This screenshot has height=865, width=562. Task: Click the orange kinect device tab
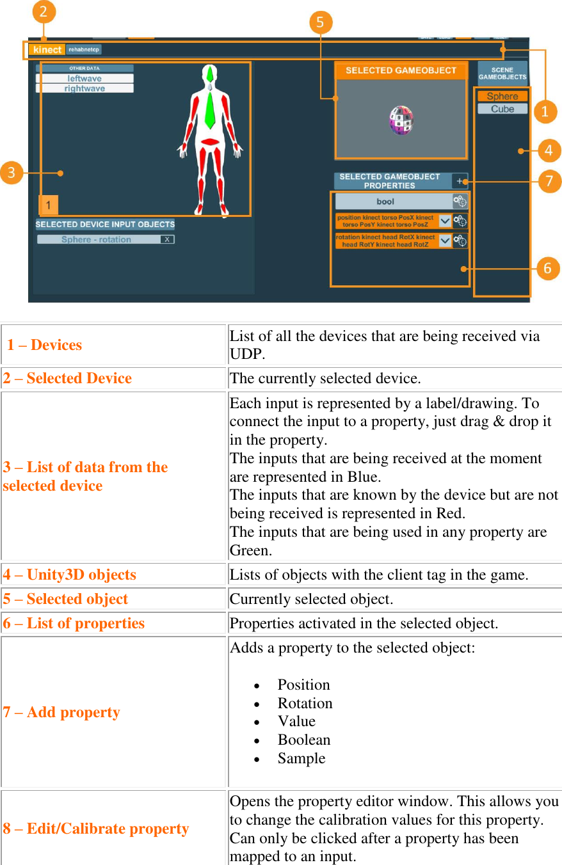[47, 49]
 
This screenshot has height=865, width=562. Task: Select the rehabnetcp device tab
[84, 49]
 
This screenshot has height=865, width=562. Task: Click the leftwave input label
[84, 79]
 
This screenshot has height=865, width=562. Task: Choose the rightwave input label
[84, 88]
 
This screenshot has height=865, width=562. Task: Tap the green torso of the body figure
[209, 109]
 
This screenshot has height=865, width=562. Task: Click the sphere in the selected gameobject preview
[401, 120]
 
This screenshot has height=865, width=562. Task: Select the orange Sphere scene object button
[502, 96]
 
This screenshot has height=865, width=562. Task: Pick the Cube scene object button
[502, 109]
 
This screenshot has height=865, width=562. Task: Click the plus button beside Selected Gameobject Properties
[460, 181]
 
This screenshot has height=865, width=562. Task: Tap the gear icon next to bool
[460, 202]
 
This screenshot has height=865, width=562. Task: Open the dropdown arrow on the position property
[445, 221]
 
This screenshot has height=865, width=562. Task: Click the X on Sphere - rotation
[166, 239]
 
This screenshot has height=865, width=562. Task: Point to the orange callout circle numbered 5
[320, 23]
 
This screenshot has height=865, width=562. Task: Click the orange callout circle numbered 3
[12, 172]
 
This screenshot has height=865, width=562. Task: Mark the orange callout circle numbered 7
[549, 181]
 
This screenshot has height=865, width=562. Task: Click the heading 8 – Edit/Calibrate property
[96, 829]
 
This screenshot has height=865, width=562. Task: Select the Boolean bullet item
[304, 740]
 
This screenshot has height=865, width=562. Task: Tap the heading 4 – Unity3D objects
[70, 575]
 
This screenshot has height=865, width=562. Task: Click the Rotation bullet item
[305, 703]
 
